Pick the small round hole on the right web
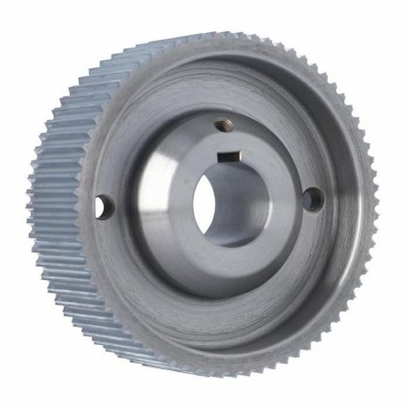click(x=312, y=199)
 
